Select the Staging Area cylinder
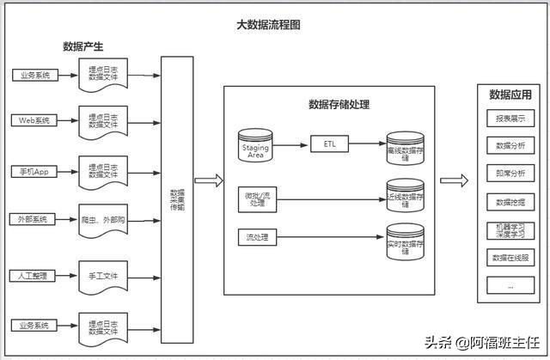pyautogui.click(x=256, y=147)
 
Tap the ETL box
pyautogui.click(x=329, y=145)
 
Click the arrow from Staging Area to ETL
pyautogui.click(x=292, y=145)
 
